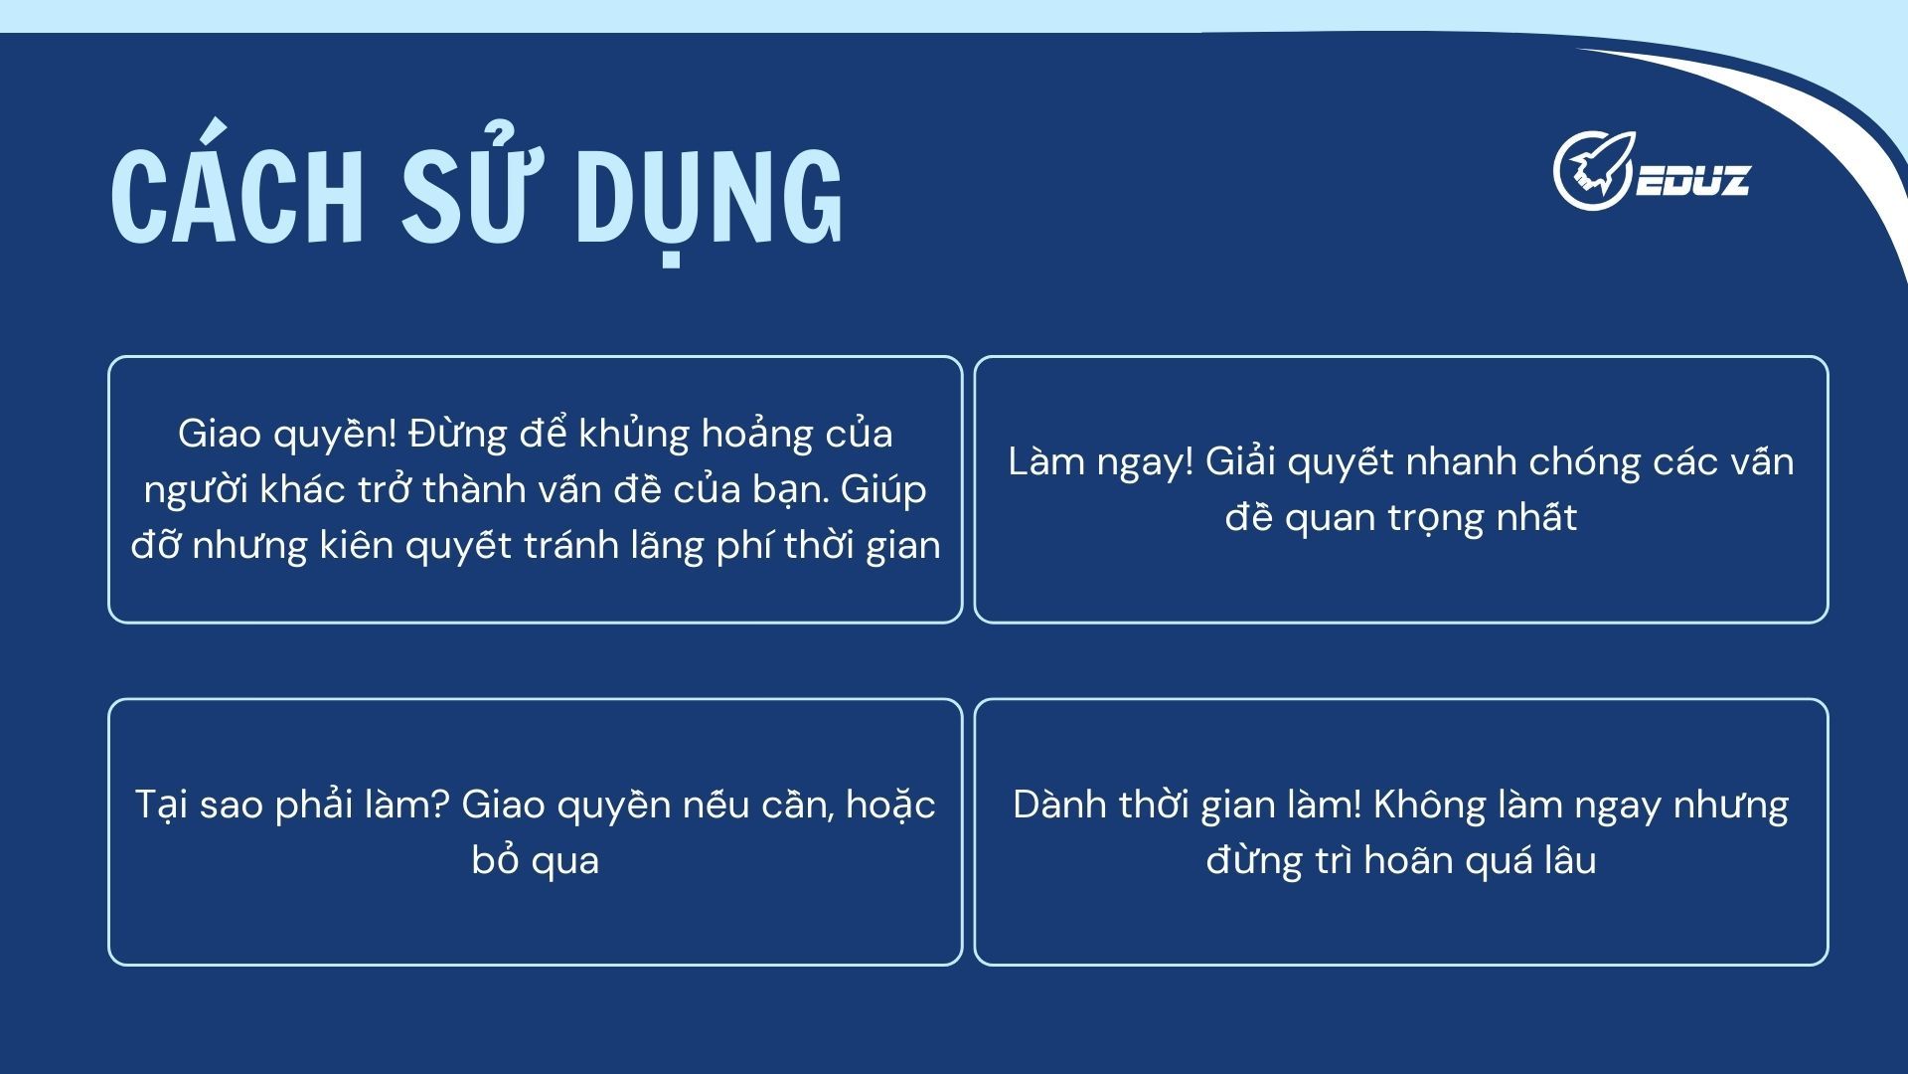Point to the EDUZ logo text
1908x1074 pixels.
click(x=1691, y=180)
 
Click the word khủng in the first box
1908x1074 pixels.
click(x=634, y=435)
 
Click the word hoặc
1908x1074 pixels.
click(x=890, y=805)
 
